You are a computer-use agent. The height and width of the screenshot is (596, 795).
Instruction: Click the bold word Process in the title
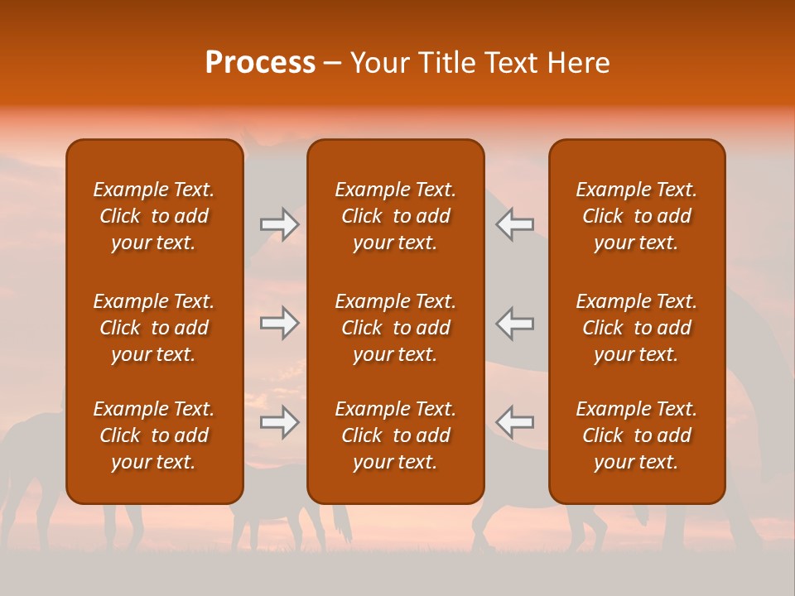coord(260,63)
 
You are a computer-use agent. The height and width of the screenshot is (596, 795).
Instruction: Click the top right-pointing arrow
coord(279,225)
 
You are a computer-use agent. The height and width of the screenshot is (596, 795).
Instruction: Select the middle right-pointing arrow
coord(279,323)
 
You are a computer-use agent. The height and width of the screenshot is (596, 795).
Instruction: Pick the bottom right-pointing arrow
coord(279,422)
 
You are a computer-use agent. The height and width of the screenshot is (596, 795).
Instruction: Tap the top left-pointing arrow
coord(515,225)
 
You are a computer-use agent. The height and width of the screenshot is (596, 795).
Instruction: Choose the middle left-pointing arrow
coord(515,323)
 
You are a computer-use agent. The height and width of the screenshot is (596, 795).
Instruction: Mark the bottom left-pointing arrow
coord(515,422)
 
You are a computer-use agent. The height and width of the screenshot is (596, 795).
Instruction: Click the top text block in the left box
coord(154,216)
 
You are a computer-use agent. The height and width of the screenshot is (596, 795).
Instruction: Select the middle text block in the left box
coord(154,328)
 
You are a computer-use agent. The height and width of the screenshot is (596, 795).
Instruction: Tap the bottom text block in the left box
coord(154,435)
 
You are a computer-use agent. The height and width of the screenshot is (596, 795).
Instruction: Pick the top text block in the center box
coord(395,216)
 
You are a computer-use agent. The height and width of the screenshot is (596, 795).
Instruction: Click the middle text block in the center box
coord(395,328)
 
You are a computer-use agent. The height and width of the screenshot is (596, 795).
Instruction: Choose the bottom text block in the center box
coord(395,435)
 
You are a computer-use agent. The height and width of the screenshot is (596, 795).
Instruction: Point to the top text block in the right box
coord(636,216)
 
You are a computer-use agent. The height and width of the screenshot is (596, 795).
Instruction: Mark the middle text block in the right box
coord(636,328)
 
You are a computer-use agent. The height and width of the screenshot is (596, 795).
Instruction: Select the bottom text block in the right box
coord(636,435)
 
